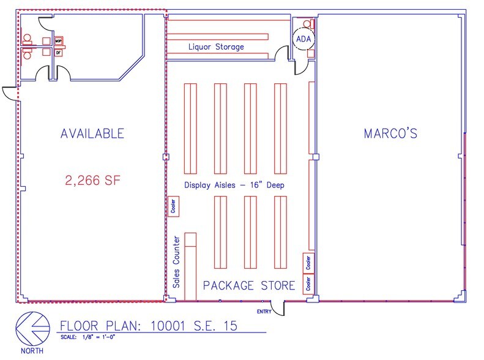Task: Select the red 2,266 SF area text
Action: pyautogui.click(x=92, y=181)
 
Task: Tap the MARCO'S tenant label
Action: pyautogui.click(x=390, y=133)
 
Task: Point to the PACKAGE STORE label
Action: pyautogui.click(x=248, y=285)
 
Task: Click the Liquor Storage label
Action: pyautogui.click(x=216, y=47)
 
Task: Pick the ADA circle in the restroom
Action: pyautogui.click(x=303, y=39)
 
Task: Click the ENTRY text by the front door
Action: pyautogui.click(x=264, y=311)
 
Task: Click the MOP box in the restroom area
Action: pyautogui.click(x=59, y=41)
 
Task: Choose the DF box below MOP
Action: pyautogui.click(x=59, y=53)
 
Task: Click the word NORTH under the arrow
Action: pyautogui.click(x=31, y=352)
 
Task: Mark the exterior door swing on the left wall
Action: pyautogui.click(x=10, y=94)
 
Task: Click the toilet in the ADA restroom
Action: pyautogui.click(x=311, y=24)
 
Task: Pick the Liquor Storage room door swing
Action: pyautogui.click(x=282, y=55)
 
